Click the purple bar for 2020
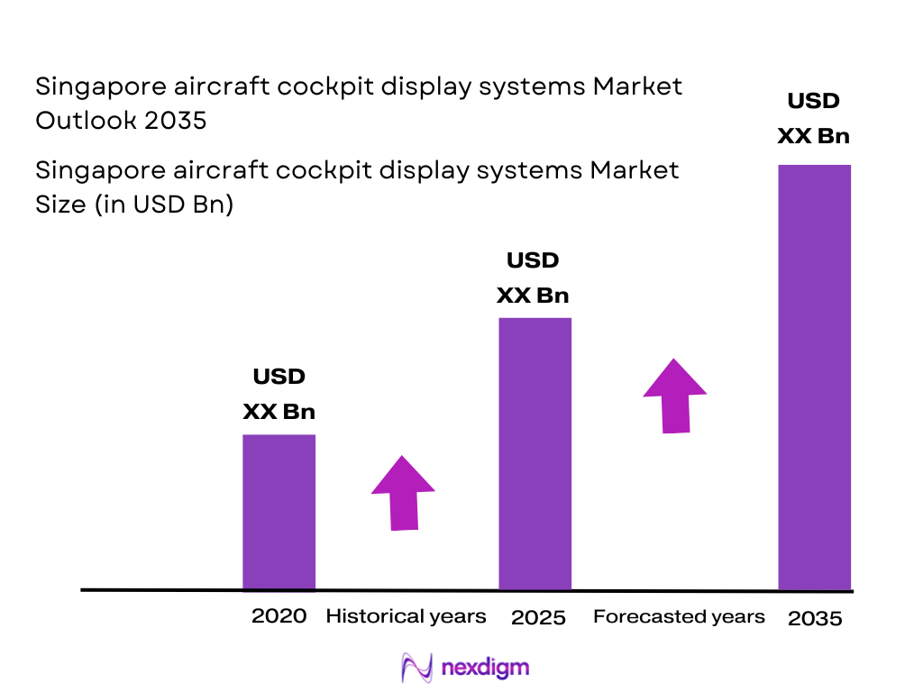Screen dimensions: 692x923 coord(279,512)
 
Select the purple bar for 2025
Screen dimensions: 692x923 coord(535,453)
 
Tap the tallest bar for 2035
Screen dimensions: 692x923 coord(814,377)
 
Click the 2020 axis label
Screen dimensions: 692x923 coord(279,616)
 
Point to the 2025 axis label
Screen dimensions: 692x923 coord(538,618)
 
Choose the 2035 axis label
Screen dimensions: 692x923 coord(815,619)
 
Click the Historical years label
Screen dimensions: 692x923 coord(406,616)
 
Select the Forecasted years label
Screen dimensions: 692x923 coord(679,616)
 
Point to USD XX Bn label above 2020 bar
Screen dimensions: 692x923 coord(279,394)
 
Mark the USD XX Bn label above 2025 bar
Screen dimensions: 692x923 coord(533,278)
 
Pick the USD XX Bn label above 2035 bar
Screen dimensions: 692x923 coord(814,119)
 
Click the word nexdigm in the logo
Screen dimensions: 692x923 coord(485,668)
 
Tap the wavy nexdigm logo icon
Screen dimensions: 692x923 coord(416,668)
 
